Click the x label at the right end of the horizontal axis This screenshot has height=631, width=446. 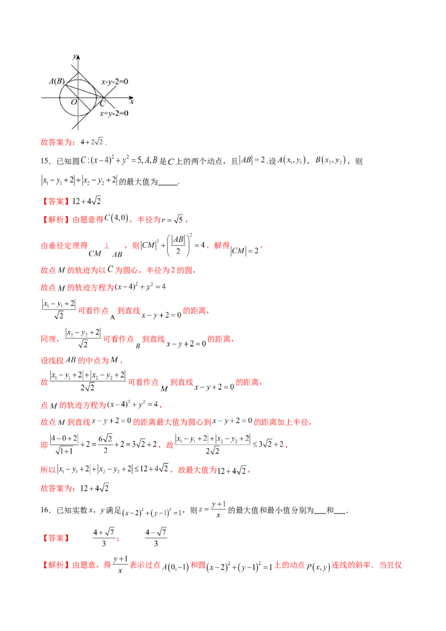pos(132,101)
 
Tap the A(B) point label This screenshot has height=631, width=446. pos(56,81)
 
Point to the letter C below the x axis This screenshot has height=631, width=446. pos(102,104)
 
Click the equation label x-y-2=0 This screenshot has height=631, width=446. pos(114,82)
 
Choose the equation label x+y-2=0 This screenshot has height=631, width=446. pos(114,113)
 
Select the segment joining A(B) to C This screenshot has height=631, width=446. pos(85,91)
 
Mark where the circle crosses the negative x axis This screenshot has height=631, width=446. pos(61,98)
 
